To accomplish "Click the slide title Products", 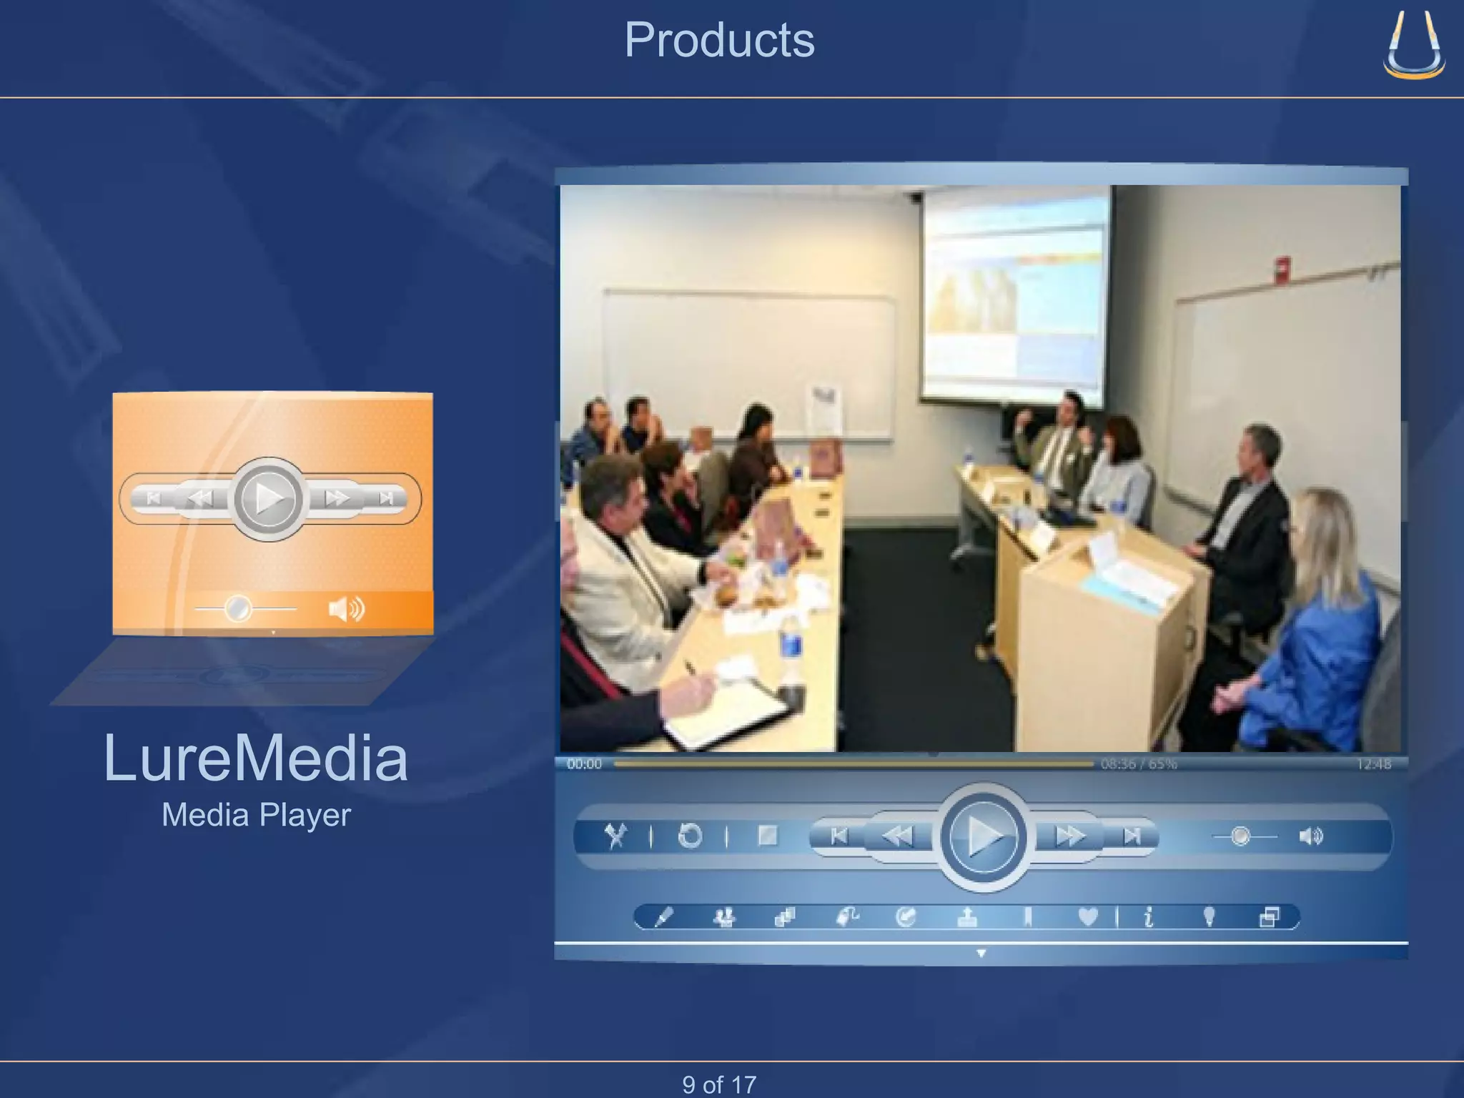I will tap(719, 40).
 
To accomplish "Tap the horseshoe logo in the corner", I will tap(1413, 44).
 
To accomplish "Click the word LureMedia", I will tap(255, 758).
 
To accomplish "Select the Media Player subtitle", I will tap(256, 815).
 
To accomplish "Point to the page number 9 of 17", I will tap(719, 1084).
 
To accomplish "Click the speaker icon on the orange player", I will tap(346, 609).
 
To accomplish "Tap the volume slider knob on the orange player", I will tap(237, 609).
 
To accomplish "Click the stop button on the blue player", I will tap(767, 836).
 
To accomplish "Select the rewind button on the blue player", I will tap(897, 836).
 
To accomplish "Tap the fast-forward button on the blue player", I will tap(1069, 836).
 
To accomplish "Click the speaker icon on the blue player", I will tap(1311, 836).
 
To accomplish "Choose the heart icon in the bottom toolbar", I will tap(1087, 916).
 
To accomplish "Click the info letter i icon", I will tap(1148, 916).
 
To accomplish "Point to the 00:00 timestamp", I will tap(584, 764).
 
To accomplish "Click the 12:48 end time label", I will tap(1373, 764).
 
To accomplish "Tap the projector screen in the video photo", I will tap(1014, 293).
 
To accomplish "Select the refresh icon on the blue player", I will tap(690, 836).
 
